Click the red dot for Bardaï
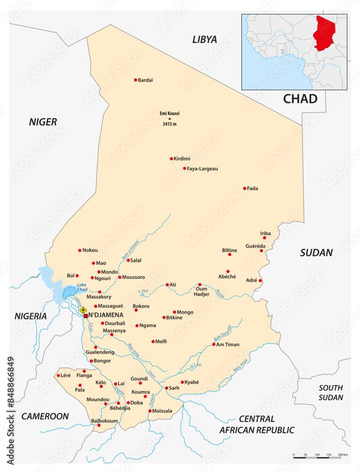(x=136, y=80)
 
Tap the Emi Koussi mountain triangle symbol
(x=170, y=118)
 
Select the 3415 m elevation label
(x=170, y=124)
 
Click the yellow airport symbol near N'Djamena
(x=84, y=310)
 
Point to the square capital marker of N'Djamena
(x=86, y=316)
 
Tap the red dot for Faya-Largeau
(x=185, y=169)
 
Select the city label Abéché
(x=227, y=277)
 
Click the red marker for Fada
(x=245, y=188)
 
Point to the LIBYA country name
(x=204, y=40)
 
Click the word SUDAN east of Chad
(x=317, y=253)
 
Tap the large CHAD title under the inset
(x=300, y=99)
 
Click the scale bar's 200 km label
(x=343, y=455)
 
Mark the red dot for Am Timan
(x=214, y=345)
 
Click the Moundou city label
(x=98, y=399)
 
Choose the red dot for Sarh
(x=166, y=388)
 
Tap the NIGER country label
(x=43, y=122)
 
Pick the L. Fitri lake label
(x=143, y=291)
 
